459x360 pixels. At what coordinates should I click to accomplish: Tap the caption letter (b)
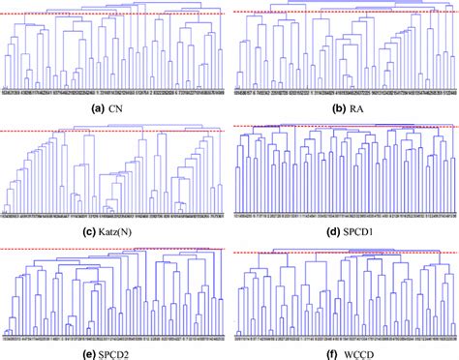pyautogui.click(x=329, y=106)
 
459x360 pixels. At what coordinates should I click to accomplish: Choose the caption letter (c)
pyautogui.click(x=82, y=228)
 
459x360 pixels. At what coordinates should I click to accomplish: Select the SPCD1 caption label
pyautogui.click(x=357, y=228)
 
